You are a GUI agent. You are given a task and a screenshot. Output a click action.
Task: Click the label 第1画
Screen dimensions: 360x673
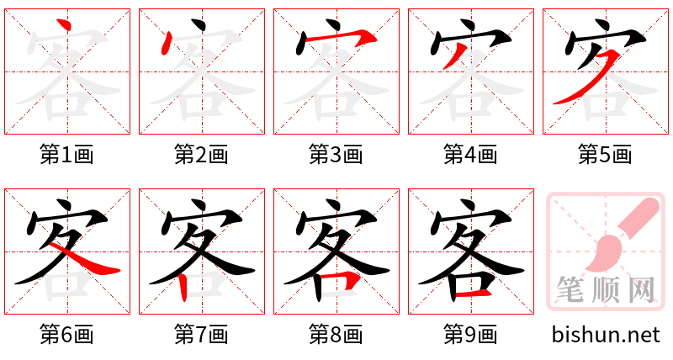point(66,155)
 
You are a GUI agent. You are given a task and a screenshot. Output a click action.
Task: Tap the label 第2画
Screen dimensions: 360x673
point(201,155)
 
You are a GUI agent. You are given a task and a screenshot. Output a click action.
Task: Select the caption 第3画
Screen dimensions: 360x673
point(336,155)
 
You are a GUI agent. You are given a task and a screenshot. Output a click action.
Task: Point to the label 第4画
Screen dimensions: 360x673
point(470,155)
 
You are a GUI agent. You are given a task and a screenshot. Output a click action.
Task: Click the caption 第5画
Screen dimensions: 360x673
point(605,155)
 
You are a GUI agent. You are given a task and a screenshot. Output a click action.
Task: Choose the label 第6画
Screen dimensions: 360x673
point(66,335)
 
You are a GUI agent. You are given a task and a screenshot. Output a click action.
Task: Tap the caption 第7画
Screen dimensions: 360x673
point(201,335)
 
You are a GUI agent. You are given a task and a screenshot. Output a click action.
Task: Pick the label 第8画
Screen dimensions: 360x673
point(336,335)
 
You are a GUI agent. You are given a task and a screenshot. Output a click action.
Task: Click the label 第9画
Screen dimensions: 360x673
point(470,335)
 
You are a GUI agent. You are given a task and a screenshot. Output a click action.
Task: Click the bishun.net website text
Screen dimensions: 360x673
point(606,335)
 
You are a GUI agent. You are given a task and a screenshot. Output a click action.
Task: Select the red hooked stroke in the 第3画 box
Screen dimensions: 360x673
point(336,37)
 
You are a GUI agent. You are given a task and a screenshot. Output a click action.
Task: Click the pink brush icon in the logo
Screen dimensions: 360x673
point(618,236)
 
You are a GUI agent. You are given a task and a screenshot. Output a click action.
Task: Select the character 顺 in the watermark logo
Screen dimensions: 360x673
point(606,290)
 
